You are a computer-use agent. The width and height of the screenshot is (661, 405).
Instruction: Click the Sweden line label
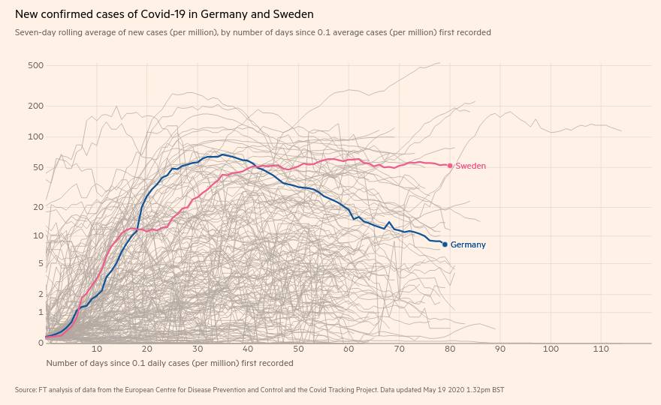471,166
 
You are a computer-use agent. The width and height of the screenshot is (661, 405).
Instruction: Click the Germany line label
468,244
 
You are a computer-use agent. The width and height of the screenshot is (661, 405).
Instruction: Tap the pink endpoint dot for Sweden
450,166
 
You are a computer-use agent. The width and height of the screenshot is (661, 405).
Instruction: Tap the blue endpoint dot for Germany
445,244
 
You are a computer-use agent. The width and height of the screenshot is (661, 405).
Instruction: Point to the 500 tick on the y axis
35,65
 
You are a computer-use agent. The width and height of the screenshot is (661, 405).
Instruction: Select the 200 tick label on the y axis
35,106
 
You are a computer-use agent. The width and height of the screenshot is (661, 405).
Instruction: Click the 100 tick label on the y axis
35,136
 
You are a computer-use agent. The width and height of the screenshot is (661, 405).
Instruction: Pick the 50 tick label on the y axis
38,167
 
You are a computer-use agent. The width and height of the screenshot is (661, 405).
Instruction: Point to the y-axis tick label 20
38,207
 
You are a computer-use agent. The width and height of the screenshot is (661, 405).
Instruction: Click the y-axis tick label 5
41,263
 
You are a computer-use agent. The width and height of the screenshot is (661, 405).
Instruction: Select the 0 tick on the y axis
41,343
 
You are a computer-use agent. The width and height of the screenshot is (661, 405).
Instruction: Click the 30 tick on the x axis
198,349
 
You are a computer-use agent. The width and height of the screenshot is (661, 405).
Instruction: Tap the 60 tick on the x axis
349,349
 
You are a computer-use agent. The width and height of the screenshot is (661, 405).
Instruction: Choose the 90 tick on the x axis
500,349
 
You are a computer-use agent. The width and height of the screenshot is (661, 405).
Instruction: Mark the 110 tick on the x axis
601,349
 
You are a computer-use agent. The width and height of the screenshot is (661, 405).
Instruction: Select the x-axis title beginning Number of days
170,363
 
